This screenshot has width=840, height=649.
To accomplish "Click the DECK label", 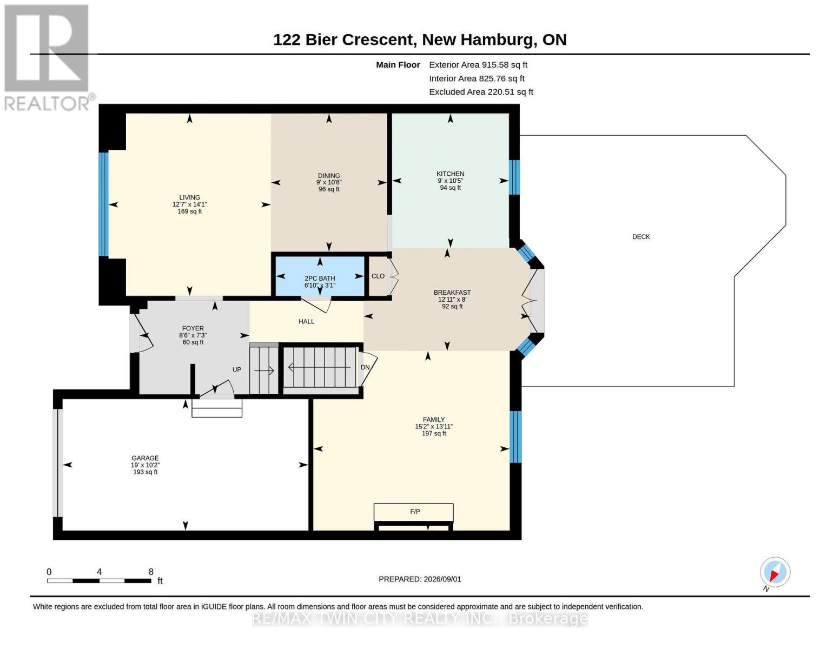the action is pyautogui.click(x=640, y=236).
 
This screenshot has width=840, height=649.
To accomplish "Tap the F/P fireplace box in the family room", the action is pyautogui.click(x=413, y=512).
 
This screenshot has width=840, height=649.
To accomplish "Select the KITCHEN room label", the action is pyautogui.click(x=450, y=174).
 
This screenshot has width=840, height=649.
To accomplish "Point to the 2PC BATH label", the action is pyautogui.click(x=320, y=279).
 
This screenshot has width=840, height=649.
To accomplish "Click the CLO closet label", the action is pyautogui.click(x=378, y=276).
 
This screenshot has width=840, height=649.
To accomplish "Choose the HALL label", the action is pyautogui.click(x=306, y=321).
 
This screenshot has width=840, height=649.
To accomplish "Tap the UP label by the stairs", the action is pyautogui.click(x=236, y=369).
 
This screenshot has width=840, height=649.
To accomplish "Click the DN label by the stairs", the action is pyautogui.click(x=365, y=367).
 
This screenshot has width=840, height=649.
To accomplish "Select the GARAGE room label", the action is pyautogui.click(x=145, y=458).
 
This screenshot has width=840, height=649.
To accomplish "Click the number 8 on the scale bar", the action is pyautogui.click(x=151, y=572).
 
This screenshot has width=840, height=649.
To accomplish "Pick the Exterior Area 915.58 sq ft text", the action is pyautogui.click(x=478, y=65).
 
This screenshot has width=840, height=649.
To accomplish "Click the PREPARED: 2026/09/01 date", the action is pyautogui.click(x=420, y=579).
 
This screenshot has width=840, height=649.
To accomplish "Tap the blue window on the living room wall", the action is pyautogui.click(x=103, y=204).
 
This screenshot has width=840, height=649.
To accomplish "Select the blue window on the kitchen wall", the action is pyautogui.click(x=514, y=177).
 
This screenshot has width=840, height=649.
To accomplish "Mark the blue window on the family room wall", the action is pyautogui.click(x=515, y=436).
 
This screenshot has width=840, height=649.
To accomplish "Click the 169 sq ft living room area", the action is pyautogui.click(x=189, y=211).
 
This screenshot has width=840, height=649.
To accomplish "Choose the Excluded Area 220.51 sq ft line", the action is pyautogui.click(x=481, y=92).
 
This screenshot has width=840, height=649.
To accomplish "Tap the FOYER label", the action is pyautogui.click(x=193, y=328).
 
